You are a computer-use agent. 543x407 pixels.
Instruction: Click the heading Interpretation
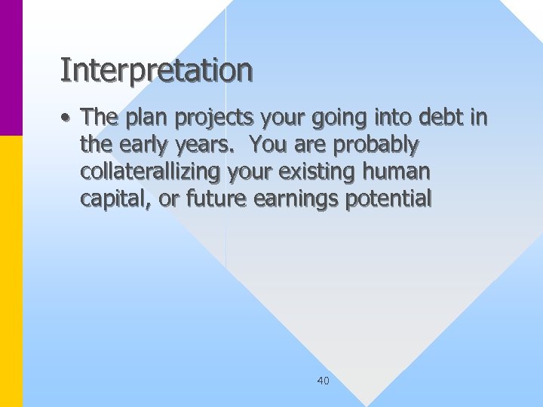[x=156, y=71]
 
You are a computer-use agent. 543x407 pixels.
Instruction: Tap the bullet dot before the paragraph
[x=67, y=118]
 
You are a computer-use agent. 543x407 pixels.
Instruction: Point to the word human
[x=397, y=172]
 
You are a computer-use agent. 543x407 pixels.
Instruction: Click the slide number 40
[x=323, y=381]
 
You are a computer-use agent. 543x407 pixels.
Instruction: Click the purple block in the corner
[x=11, y=68]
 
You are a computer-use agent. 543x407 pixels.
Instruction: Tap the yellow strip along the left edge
[x=11, y=271]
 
